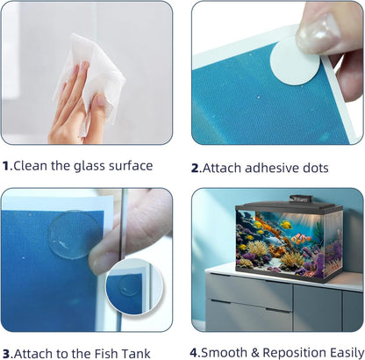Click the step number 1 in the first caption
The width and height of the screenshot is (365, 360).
coord(6,166)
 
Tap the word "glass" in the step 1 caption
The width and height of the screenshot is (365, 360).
coord(89,167)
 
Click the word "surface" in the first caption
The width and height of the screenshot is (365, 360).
coord(131,166)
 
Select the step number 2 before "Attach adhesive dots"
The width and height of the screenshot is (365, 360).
coord(195,168)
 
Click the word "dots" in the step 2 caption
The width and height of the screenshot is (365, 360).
coord(316,168)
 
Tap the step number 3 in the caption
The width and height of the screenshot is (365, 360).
coord(6,353)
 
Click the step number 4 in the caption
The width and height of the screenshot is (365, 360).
coord(194,352)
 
